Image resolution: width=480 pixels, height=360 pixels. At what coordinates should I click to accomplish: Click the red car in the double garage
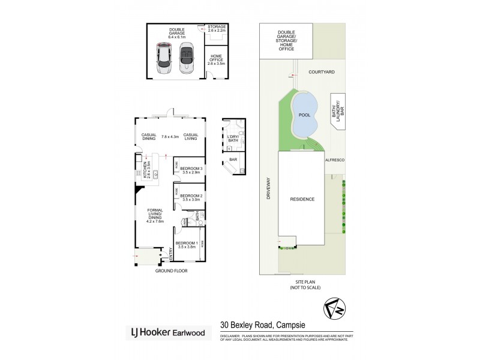tap(163, 58)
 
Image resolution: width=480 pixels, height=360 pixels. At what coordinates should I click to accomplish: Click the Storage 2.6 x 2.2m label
tap(216, 29)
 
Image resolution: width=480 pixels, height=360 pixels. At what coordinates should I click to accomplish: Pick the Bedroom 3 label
tap(190, 170)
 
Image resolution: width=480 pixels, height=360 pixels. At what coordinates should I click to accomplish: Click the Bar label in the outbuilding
tap(233, 160)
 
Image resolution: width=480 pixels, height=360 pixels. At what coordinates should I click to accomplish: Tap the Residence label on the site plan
tap(302, 199)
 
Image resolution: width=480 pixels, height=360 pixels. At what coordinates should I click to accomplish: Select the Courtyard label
tap(322, 73)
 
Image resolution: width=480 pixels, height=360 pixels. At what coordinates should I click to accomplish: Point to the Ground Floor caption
tap(172, 271)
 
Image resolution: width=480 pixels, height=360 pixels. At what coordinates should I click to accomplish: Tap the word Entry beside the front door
tap(170, 254)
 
